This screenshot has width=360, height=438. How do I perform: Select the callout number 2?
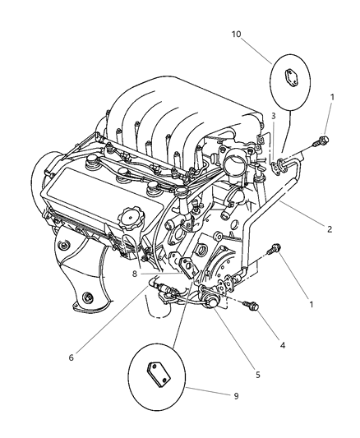(329, 229)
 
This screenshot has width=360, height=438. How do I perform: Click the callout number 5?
(257, 375)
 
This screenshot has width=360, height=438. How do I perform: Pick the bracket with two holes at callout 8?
(188, 265)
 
